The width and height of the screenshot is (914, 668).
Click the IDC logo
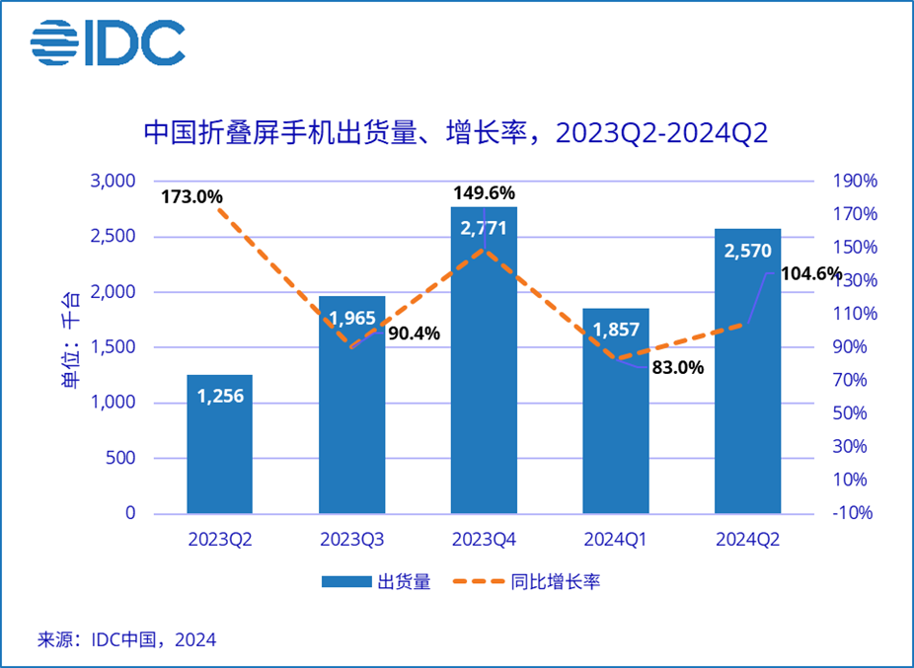pos(107,41)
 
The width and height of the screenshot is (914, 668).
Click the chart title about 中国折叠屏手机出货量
pos(456,132)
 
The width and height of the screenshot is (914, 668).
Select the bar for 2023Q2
pos(219,444)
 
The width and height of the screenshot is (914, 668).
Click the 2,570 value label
pos(747,253)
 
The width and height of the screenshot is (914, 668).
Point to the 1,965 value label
pos(351,318)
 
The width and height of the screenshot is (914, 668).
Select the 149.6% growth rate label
pos(484,192)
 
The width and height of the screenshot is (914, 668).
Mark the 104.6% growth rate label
pos(810,274)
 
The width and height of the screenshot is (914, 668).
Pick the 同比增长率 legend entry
pos(526,581)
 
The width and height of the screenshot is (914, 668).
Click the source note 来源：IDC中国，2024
pos(126,639)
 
